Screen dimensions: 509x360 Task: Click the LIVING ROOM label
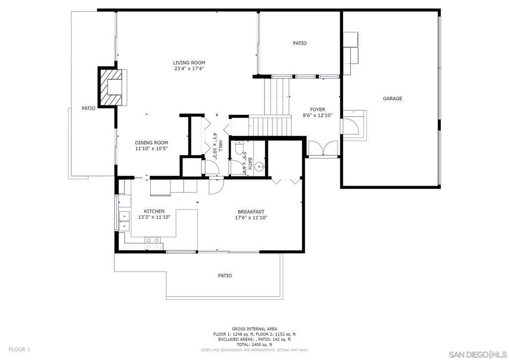coord(189,63)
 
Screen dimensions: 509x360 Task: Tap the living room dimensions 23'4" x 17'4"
coord(189,69)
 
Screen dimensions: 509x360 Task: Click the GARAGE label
coord(393,98)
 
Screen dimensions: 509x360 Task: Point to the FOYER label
coord(318,109)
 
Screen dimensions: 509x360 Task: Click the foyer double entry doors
coord(323,149)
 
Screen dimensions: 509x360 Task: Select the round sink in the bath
coord(259,168)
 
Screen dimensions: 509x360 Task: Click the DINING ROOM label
coord(152,143)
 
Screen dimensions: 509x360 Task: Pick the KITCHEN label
coord(154,211)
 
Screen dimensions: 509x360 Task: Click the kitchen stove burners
coord(153,244)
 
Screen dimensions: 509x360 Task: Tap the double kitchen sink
coord(124,221)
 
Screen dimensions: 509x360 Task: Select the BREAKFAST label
coord(251,212)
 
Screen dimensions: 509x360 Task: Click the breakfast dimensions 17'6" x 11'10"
coord(251,217)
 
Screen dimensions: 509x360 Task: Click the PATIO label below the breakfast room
coord(225,275)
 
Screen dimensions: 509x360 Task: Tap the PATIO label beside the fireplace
coord(88,108)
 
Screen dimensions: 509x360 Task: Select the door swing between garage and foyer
coord(350,126)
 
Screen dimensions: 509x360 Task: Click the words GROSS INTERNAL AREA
coord(254,329)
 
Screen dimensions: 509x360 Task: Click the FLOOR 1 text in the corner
coord(19,350)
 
